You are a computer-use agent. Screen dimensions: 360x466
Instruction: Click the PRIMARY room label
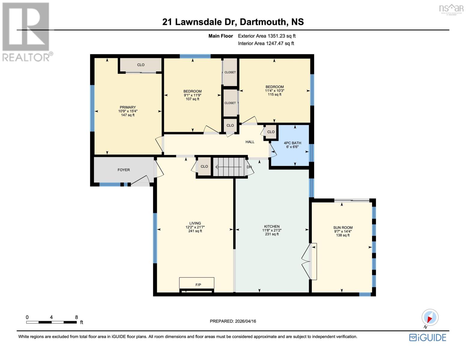click(x=128, y=107)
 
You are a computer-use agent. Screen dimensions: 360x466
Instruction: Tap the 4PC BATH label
click(x=292, y=143)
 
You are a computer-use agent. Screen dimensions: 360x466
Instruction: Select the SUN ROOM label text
click(x=343, y=227)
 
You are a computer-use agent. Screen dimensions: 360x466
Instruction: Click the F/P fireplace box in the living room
click(x=197, y=283)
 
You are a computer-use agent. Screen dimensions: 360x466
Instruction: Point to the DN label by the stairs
click(x=249, y=167)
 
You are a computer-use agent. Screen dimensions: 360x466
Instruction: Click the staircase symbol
click(x=229, y=167)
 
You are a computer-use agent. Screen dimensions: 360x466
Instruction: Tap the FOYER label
click(x=124, y=170)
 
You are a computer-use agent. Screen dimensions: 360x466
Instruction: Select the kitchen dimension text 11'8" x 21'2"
click(x=272, y=230)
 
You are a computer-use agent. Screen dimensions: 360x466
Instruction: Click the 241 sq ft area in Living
click(x=195, y=231)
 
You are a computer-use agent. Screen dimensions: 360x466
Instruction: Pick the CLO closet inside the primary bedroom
click(x=141, y=65)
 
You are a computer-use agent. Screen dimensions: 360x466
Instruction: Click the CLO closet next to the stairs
click(x=204, y=166)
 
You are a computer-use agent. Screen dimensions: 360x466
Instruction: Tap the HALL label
click(x=250, y=142)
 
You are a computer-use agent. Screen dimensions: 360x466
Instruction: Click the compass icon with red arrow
click(x=430, y=317)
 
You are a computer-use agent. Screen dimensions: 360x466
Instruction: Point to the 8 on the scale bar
click(x=77, y=317)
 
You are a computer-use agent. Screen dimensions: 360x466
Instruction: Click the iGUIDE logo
click(x=428, y=337)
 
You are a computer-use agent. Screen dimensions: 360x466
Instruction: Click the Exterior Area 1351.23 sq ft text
click(x=266, y=36)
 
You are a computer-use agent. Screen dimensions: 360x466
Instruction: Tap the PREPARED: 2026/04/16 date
click(x=233, y=321)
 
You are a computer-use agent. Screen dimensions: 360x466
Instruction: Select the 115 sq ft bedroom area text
click(x=274, y=94)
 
